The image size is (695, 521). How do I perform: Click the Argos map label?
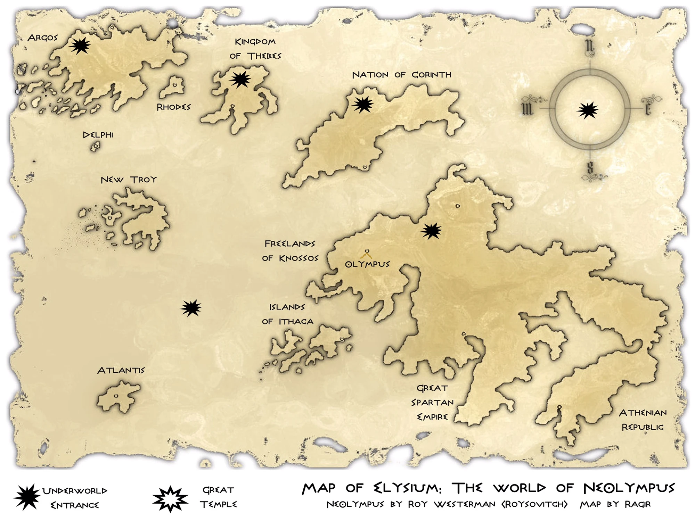42,38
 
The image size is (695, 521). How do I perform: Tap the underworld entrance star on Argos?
80,46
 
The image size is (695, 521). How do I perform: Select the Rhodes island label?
173,107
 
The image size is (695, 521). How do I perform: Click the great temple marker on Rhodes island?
175,85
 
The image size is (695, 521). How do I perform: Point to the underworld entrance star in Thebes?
240,80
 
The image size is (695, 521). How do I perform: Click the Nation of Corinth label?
402,75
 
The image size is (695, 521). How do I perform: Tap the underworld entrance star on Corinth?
363,104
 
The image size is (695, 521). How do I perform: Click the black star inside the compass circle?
587,110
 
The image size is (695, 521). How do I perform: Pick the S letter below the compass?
590,168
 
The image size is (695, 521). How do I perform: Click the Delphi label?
98,135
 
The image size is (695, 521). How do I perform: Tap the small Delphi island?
95,147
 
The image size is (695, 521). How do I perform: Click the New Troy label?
129,180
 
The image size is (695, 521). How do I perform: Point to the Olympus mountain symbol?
367,254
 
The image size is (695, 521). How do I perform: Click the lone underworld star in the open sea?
191,308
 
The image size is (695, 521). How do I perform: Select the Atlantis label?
121,370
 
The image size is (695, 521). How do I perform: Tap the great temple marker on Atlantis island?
116,396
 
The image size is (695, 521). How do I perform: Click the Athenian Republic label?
643,420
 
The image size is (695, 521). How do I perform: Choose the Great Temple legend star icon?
170,499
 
